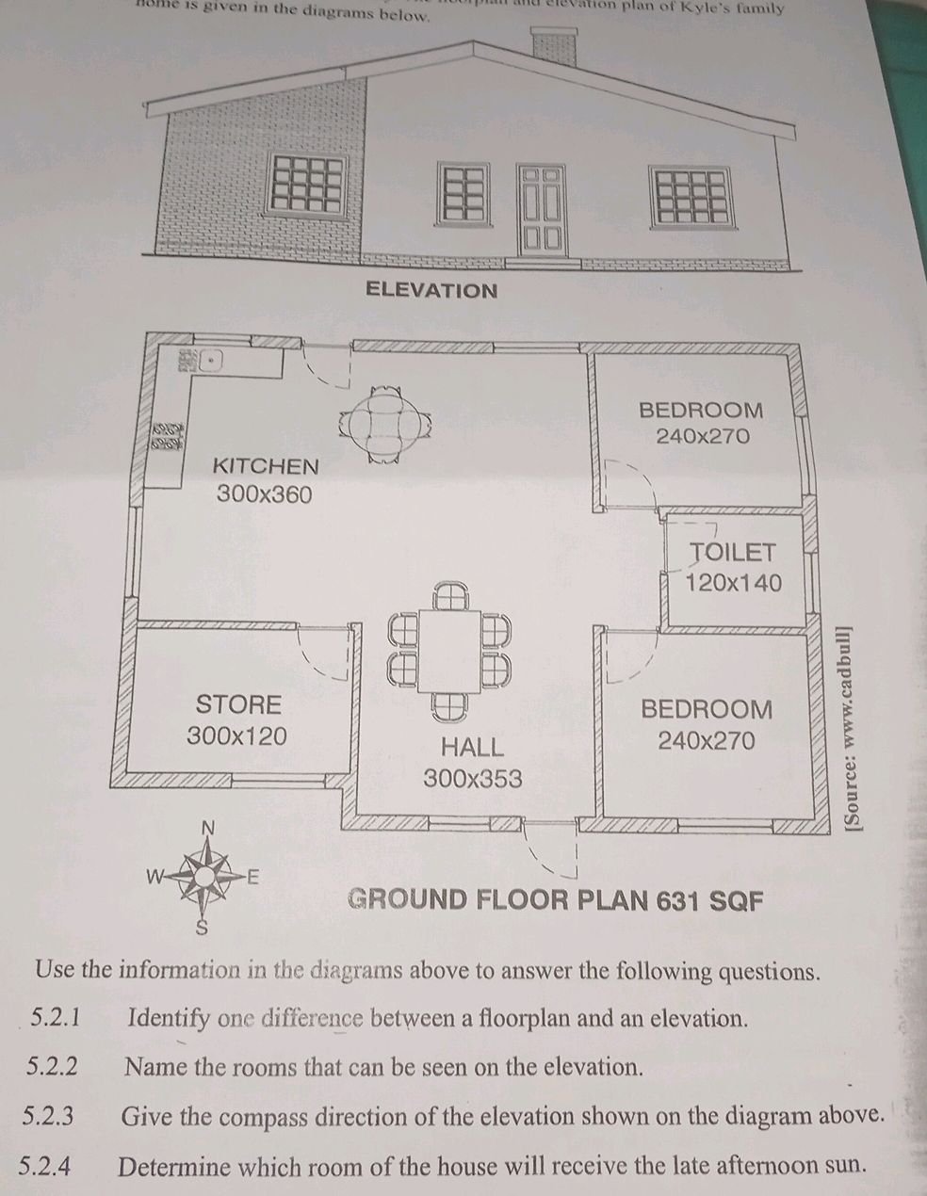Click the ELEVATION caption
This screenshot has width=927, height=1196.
coord(431,289)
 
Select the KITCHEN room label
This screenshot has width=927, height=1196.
coord(266,466)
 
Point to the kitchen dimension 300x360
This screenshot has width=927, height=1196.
coord(264,494)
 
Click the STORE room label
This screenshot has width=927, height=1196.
coord(238,705)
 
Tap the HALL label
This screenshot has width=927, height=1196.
coord(473,748)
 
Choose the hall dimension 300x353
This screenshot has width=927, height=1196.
coord(472,779)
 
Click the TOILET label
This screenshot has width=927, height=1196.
coord(733,553)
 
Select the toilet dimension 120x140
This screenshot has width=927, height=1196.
coord(733,583)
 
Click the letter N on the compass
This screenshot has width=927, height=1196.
coord(209,827)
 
